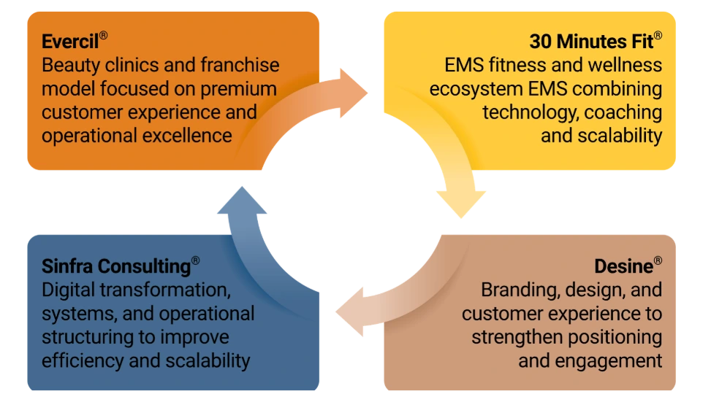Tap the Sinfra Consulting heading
(116, 266)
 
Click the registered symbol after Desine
(658, 260)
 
